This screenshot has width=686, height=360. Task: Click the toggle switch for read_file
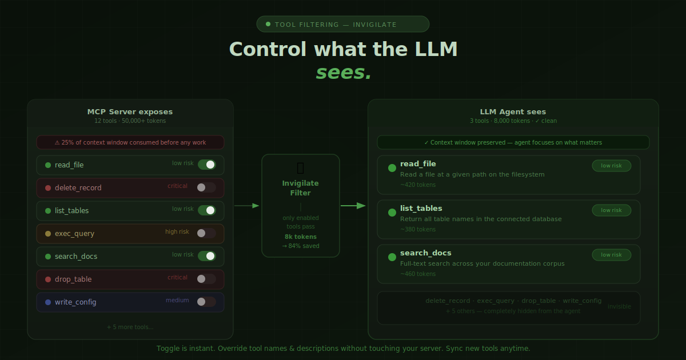click(206, 165)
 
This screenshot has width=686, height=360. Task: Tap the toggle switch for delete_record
click(206, 187)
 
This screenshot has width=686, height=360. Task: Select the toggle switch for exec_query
click(206, 233)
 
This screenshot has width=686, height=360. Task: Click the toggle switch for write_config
click(206, 302)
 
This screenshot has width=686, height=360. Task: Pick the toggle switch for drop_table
click(206, 279)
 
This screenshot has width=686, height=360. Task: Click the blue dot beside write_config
click(48, 302)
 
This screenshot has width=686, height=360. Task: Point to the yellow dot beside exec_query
click(48, 234)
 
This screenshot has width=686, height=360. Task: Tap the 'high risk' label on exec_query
click(177, 232)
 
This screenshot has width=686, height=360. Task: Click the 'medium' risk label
click(177, 301)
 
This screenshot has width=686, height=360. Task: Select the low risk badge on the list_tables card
click(611, 210)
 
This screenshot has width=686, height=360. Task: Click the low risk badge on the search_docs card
click(611, 255)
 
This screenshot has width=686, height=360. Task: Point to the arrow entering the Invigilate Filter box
click(247, 206)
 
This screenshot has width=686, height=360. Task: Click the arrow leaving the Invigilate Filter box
click(353, 206)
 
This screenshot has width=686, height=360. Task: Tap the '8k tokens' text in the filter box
click(301, 237)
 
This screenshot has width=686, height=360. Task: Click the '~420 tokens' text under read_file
click(418, 185)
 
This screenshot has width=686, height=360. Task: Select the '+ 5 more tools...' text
click(130, 327)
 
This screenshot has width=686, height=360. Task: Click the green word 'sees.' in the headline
click(344, 73)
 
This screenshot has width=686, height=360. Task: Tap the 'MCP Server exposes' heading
click(130, 112)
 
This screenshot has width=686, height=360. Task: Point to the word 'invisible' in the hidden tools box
click(619, 307)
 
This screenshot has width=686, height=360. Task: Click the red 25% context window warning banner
click(130, 142)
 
